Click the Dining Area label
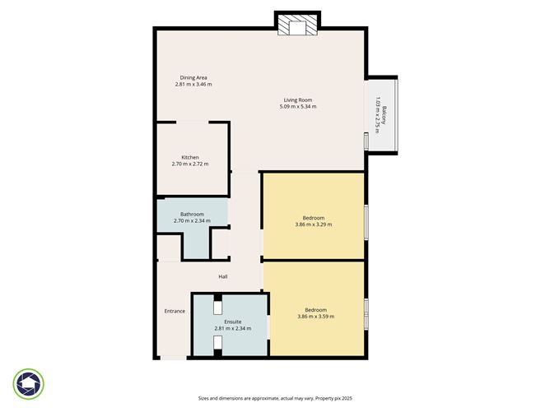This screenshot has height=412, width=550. pos(193,77)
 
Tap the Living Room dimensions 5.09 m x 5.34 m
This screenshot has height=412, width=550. pos(297,107)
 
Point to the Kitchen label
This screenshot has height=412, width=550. pos(190,157)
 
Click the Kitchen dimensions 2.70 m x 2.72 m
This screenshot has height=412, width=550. pos(190,164)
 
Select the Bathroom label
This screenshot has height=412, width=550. pos(192,214)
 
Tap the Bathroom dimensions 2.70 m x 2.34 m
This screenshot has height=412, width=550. pos(192,220)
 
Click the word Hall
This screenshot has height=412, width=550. pos(223,276)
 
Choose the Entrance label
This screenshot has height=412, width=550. pos(175,311)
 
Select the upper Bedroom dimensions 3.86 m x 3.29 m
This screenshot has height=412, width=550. pos(313,225)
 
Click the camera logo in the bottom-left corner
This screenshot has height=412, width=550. pos(29,383)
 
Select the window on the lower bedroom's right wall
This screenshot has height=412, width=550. pos(366,308)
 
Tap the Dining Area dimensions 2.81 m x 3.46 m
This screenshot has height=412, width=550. pos(193,85)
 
